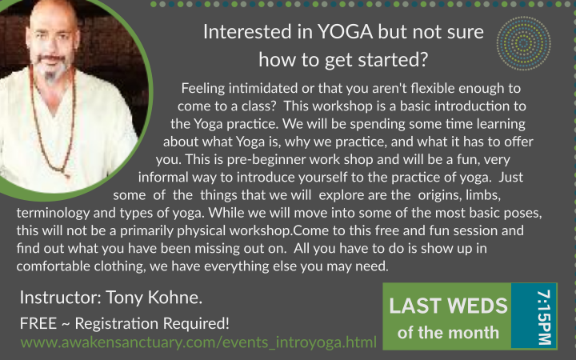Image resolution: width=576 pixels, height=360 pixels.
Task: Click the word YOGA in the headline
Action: (345, 31)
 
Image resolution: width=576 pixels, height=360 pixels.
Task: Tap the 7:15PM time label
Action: (544, 318)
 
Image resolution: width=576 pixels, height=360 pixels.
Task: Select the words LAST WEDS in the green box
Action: (448, 306)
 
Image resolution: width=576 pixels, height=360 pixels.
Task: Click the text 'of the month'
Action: (448, 333)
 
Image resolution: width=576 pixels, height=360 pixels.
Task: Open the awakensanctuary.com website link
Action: (198, 342)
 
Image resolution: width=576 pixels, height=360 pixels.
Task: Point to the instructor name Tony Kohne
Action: (154, 297)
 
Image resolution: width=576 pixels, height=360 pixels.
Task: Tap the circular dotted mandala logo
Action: (523, 43)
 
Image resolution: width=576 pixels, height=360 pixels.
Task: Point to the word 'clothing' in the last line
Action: (119, 266)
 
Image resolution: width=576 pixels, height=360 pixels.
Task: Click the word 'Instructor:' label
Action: (61, 297)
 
